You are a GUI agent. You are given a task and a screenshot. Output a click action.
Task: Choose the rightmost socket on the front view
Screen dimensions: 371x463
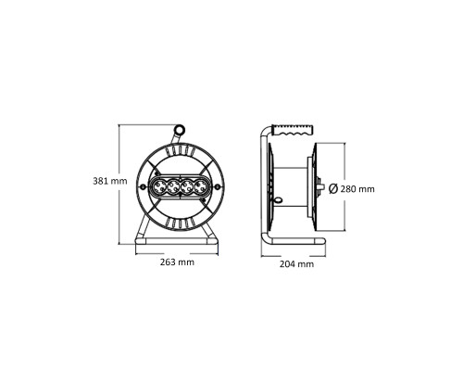(x=199, y=187)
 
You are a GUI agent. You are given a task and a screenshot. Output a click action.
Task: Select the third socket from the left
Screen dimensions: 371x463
(x=185, y=187)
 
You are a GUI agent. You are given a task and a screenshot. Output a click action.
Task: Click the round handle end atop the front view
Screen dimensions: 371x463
(x=179, y=131)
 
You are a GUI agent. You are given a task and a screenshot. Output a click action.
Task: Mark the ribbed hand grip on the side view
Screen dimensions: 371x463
(x=295, y=129)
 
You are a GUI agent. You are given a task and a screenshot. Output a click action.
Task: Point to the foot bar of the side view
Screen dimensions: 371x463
(x=294, y=246)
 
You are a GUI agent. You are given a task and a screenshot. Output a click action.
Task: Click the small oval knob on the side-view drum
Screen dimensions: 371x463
(x=276, y=200)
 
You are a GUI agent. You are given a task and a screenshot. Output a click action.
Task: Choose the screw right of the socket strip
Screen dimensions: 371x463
(x=210, y=187)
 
